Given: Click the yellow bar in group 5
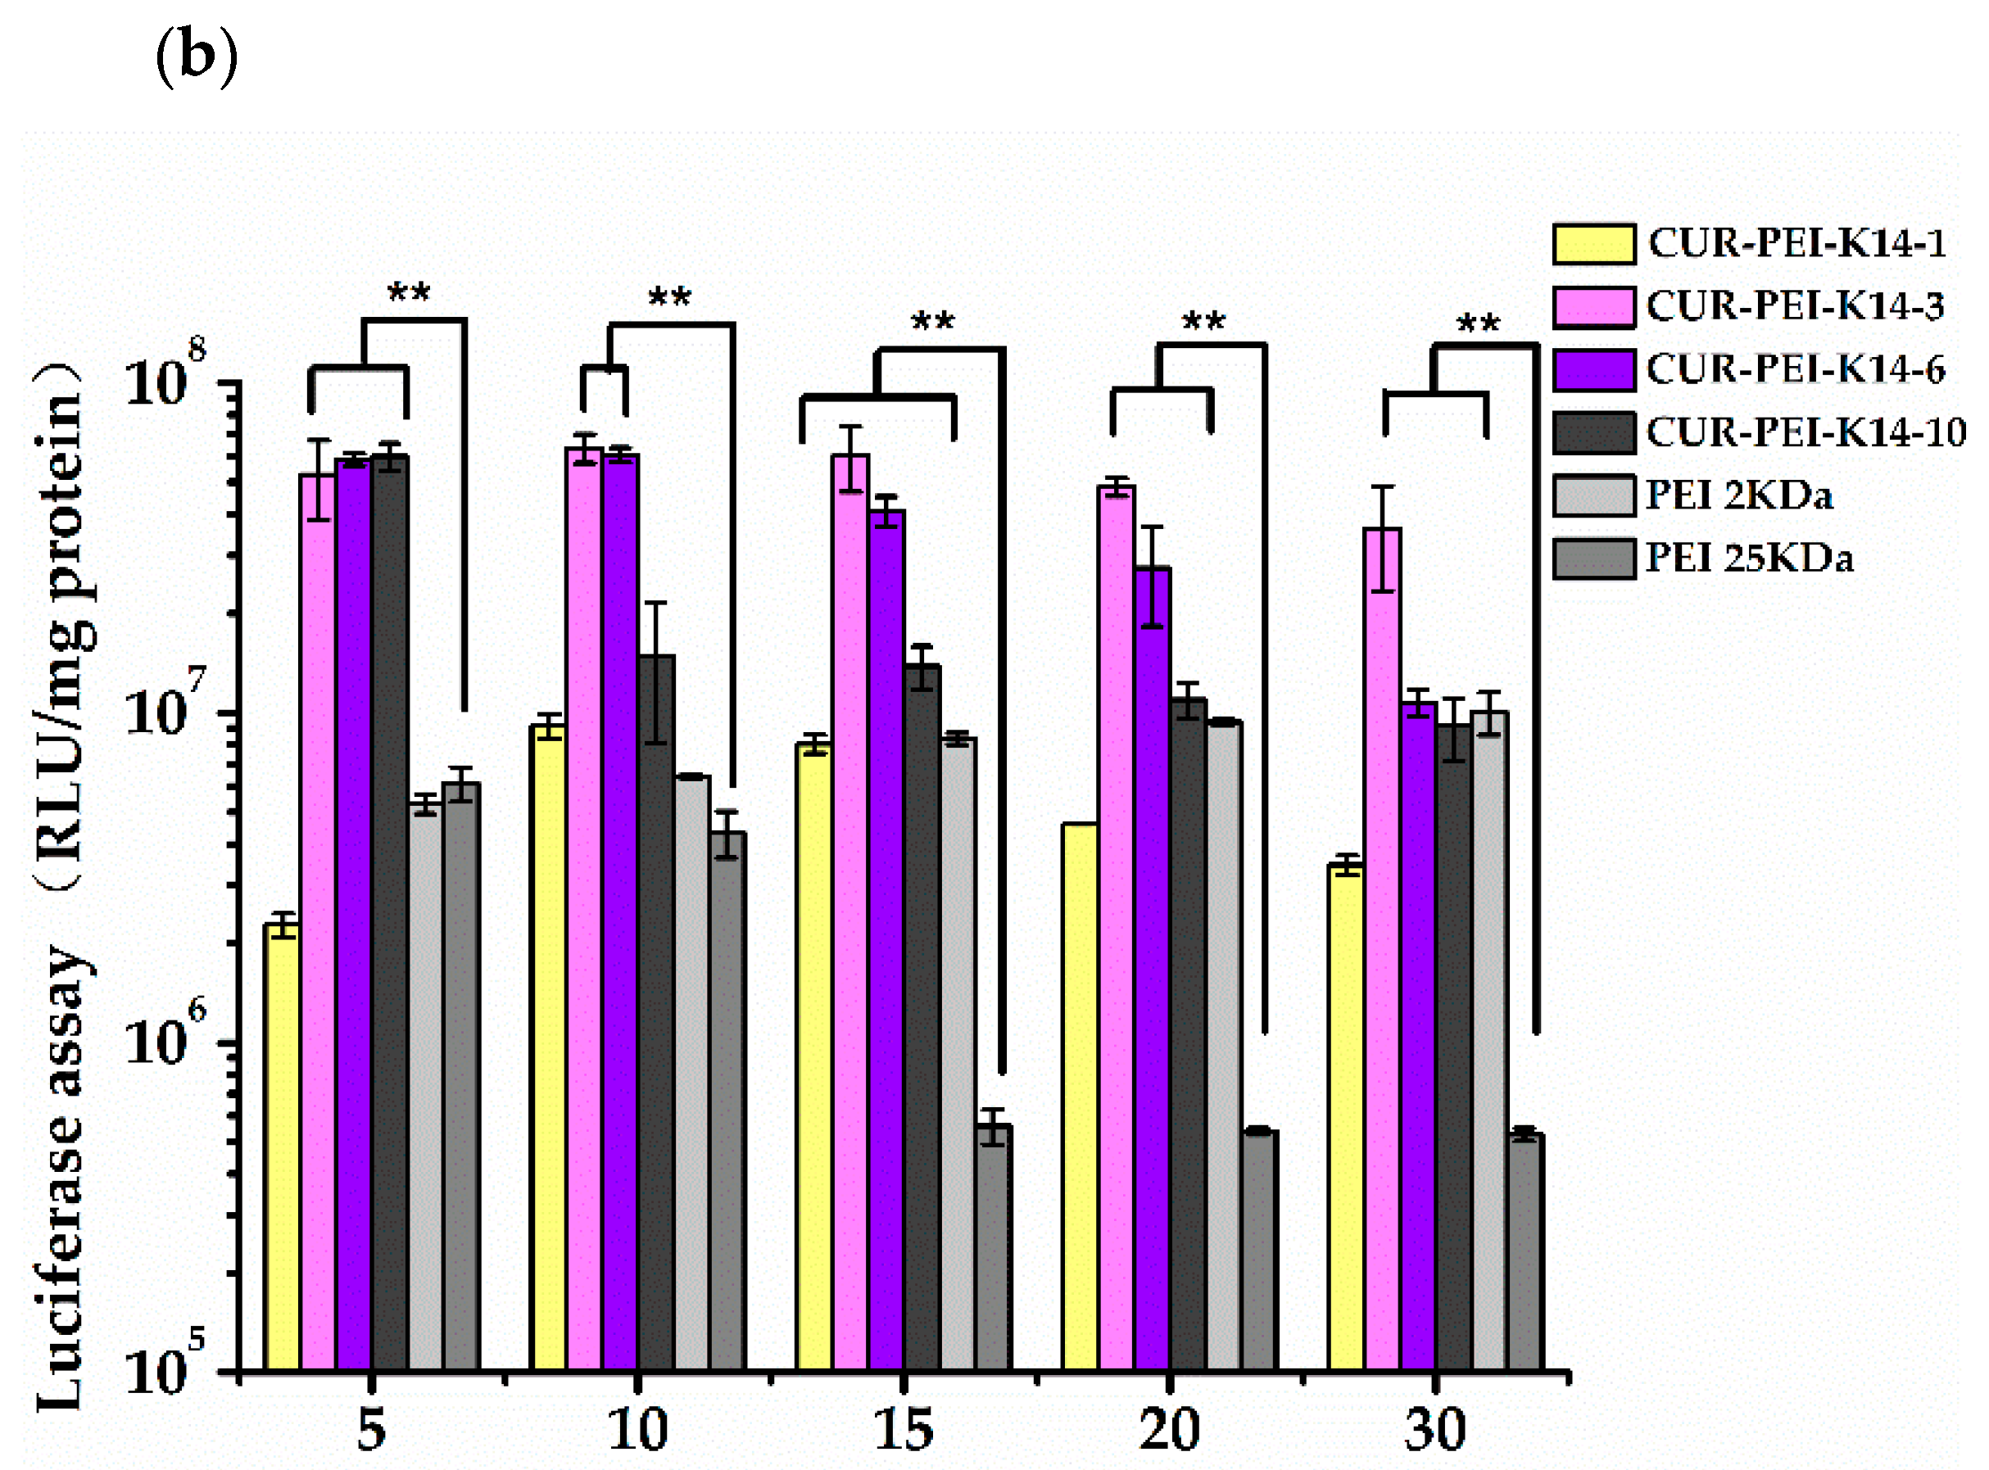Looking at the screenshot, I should pyautogui.click(x=282, y=1148).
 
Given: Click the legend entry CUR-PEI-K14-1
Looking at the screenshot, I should pyautogui.click(x=1796, y=243).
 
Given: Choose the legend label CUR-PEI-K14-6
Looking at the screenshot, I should pyautogui.click(x=1795, y=369).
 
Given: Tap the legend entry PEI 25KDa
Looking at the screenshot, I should pyautogui.click(x=1749, y=559).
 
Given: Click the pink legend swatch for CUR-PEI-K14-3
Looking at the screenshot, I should pyautogui.click(x=1593, y=307).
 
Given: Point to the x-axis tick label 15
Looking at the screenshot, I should pyautogui.click(x=904, y=1430).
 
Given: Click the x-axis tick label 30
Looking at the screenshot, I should pyautogui.click(x=1434, y=1430).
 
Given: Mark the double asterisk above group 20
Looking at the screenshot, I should pyautogui.click(x=1203, y=320).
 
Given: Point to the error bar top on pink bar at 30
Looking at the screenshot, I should pyautogui.click(x=1382, y=486).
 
